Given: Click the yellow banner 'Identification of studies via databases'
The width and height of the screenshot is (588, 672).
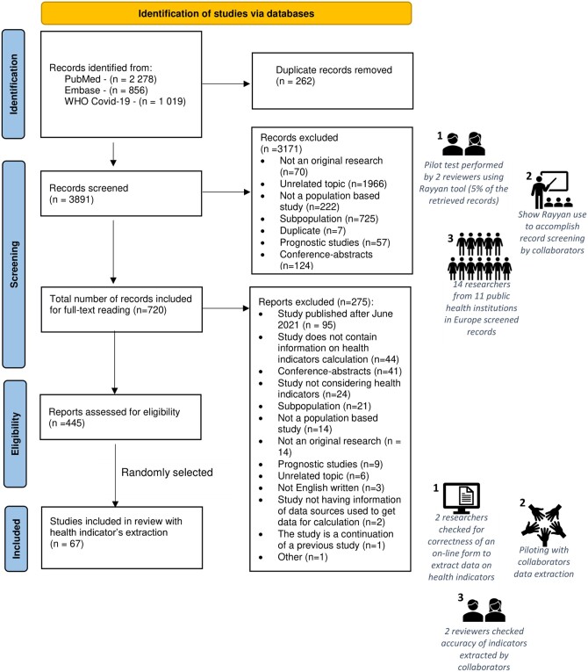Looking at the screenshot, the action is (226, 13).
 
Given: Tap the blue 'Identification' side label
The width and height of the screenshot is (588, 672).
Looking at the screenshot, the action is (13, 84).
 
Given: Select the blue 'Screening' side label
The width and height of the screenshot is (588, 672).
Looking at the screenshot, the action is (14, 264).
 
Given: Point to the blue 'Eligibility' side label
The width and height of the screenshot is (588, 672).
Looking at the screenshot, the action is (15, 434).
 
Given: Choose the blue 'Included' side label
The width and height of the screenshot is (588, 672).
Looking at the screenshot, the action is (17, 538).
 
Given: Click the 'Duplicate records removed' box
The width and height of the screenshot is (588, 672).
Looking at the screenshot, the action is (333, 81).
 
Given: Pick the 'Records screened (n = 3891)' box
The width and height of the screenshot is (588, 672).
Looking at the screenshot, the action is (121, 193).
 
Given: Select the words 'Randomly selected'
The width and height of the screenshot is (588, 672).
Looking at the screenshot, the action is (167, 473).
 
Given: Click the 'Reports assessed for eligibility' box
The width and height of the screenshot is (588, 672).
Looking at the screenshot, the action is (120, 417).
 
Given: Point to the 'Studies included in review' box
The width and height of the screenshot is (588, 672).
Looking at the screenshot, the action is (122, 538).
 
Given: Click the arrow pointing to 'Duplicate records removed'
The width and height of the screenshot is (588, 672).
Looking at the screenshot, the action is (226, 83).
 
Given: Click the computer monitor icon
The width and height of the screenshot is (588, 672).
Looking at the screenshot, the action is (462, 498).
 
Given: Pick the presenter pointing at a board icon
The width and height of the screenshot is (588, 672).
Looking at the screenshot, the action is (552, 190).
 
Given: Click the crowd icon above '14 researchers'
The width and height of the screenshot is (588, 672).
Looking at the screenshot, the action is (480, 257).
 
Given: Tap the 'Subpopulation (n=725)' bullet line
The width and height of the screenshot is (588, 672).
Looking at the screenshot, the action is (329, 219).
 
